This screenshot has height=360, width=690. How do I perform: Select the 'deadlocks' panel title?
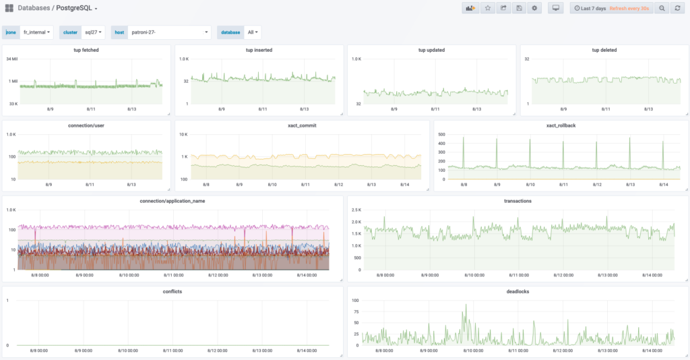click(517, 291)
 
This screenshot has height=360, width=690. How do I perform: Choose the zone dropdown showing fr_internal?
click(37, 32)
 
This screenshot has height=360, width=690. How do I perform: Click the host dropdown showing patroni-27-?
click(169, 32)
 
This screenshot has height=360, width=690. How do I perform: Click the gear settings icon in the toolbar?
click(534, 8)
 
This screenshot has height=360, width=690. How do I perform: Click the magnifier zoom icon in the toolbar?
click(662, 8)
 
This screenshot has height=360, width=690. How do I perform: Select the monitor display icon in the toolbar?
click(555, 8)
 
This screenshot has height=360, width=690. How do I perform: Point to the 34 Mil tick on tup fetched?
click(11, 59)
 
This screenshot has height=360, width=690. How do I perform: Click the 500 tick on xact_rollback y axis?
click(441, 134)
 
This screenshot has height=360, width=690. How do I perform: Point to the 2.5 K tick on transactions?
click(356, 210)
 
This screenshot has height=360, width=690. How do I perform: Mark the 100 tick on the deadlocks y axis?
click(354, 300)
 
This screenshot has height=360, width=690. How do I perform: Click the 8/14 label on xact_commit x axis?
click(404, 184)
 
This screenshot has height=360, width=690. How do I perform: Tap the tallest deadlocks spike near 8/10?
click(465, 305)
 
